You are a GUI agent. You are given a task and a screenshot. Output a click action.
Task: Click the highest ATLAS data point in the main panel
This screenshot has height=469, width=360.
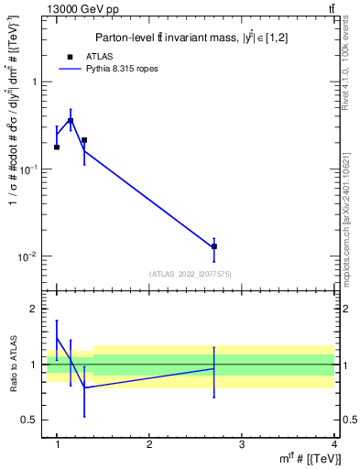(71, 121)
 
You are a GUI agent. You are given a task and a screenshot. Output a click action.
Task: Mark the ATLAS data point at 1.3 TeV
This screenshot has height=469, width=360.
(84, 140)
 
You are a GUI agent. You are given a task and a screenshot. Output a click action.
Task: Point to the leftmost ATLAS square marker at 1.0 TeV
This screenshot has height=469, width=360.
(57, 147)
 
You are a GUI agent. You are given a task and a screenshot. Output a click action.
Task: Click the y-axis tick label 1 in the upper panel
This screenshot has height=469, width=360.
(34, 82)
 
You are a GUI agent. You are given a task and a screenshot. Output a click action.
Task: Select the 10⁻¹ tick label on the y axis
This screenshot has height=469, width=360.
(30, 169)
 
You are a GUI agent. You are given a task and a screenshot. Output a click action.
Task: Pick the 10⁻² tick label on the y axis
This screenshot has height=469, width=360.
(30, 256)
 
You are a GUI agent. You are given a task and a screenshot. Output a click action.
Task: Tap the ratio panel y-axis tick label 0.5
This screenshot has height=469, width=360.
(30, 420)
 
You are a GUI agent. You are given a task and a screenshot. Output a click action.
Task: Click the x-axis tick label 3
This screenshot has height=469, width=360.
(241, 444)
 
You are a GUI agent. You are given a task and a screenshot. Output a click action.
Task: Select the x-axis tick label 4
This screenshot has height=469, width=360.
(333, 444)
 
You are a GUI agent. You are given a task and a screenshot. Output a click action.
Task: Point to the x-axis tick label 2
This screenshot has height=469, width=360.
(149, 444)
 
